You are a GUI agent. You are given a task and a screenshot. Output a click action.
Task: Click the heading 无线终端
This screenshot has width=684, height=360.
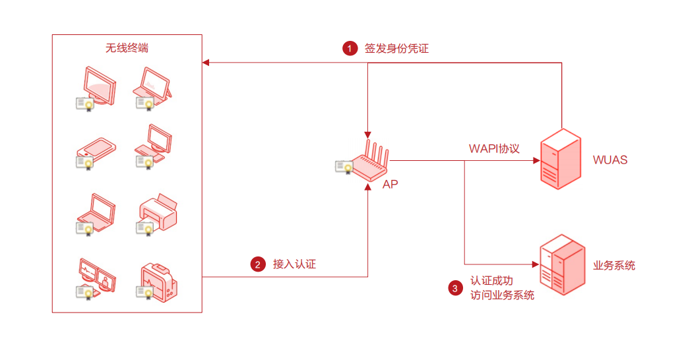tap(127, 48)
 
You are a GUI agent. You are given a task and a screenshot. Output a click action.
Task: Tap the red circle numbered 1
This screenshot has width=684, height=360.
tap(350, 48)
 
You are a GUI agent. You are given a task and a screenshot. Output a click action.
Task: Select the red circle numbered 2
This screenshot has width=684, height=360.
tap(258, 265)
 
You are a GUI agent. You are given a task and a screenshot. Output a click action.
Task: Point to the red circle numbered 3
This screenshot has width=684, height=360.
tap(455, 288)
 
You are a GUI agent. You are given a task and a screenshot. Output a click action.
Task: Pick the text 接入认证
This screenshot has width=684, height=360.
tap(295, 265)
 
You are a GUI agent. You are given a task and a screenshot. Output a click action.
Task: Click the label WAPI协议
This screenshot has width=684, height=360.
tap(494, 149)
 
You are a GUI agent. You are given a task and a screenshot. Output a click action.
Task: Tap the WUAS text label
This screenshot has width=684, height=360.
tap(610, 160)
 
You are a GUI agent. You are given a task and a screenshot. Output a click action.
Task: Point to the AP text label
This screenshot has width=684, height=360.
tap(390, 185)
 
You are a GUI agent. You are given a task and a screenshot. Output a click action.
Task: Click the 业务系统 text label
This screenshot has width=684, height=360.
tap(614, 266)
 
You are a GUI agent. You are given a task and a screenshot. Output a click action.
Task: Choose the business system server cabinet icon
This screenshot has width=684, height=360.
tap(562, 264)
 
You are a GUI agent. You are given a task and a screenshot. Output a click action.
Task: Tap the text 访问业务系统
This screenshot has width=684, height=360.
tap(503, 295)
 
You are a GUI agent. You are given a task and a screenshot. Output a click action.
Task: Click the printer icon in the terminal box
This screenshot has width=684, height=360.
tap(158, 212)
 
